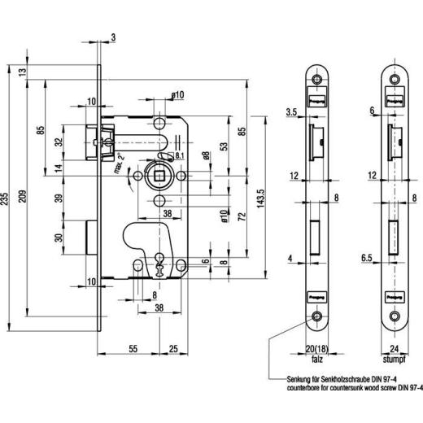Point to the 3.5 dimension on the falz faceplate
tap(290, 111)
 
